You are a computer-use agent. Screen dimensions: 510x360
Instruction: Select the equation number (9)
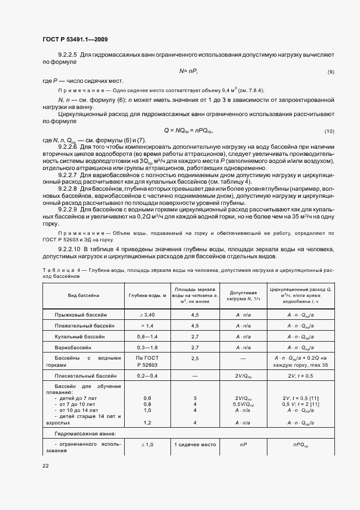330,72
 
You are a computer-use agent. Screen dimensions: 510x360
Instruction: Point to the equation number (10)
329,132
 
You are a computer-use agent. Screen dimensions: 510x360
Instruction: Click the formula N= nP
188,71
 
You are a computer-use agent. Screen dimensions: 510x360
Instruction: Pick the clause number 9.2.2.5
68,55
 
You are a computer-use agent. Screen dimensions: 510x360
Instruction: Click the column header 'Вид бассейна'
83,295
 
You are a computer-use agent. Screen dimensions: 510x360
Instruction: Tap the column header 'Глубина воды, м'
147,295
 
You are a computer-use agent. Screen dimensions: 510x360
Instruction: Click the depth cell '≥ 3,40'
147,315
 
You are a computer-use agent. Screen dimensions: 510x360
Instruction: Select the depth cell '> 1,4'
147,325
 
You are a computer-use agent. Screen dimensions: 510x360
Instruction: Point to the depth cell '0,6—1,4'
147,336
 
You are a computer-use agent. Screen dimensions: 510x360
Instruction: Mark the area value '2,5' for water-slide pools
194,358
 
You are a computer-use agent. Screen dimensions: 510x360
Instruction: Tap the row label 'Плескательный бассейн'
85,376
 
